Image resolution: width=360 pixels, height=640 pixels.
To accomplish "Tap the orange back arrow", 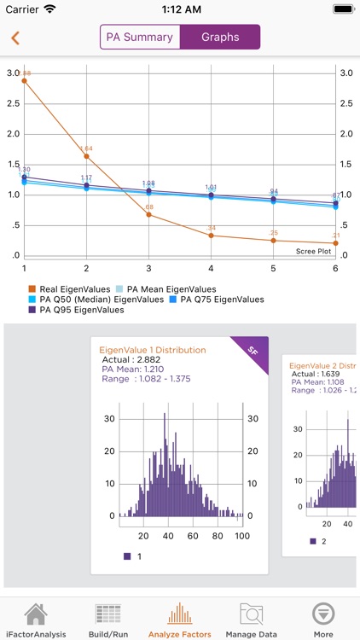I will pos(15,38).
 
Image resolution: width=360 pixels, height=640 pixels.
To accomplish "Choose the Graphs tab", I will pos(220,38).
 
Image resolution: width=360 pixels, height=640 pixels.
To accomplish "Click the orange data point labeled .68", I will pos(148,214).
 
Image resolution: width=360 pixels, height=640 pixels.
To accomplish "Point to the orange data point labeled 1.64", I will pos(86,156).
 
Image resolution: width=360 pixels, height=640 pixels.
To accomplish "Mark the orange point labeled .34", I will pos(211,235).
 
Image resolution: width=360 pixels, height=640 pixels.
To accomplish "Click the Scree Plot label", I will pos(313,251).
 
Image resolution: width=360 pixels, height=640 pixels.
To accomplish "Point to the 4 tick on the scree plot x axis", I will pos(211,268).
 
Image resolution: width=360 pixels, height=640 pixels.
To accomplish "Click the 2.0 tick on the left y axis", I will pos(13,134).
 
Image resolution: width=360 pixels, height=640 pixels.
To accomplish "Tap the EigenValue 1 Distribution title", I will pos(153,350).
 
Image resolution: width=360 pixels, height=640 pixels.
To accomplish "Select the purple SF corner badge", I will pos(253,350).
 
